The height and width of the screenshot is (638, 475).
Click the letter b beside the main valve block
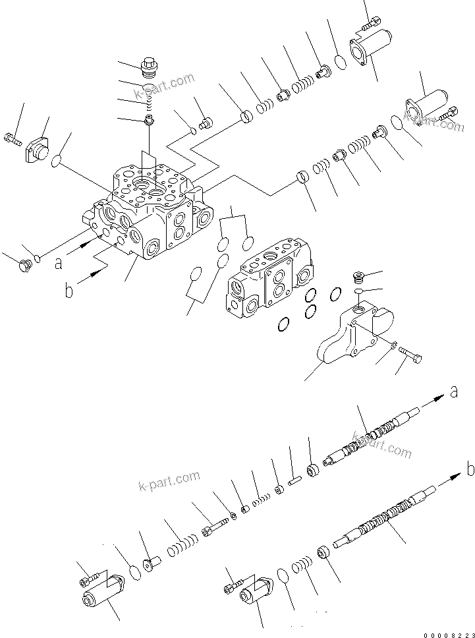[69, 290]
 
